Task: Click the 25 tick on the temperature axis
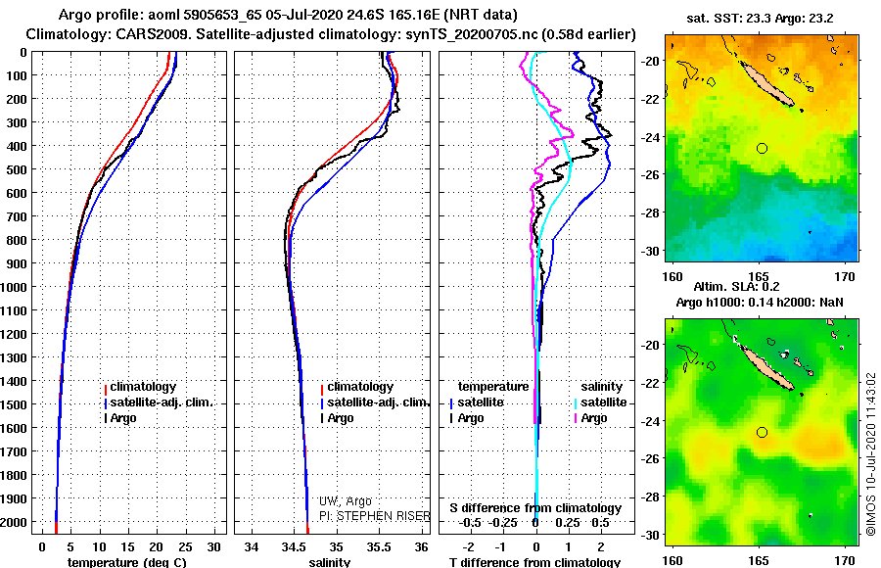[185, 545]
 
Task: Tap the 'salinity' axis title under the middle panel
[330, 562]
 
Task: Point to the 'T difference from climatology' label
[533, 562]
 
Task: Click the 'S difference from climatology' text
[535, 508]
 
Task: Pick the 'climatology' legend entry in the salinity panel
[360, 387]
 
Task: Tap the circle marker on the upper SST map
[762, 148]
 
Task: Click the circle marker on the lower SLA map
[762, 432]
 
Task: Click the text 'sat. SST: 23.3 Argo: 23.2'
[760, 18]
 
